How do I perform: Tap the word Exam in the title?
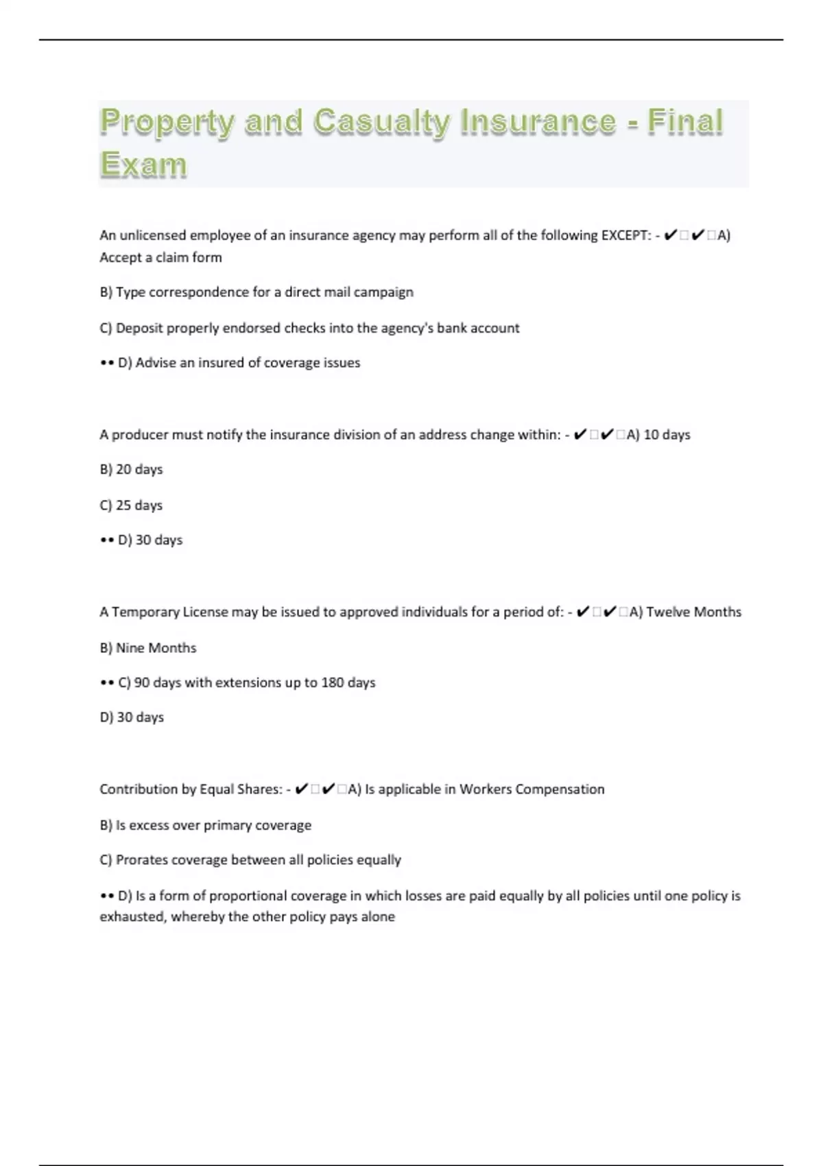coord(143,165)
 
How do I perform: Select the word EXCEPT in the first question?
coord(625,235)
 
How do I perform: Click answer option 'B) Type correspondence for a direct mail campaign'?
coord(257,292)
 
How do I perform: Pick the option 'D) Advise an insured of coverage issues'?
coord(239,363)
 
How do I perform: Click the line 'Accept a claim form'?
coord(160,258)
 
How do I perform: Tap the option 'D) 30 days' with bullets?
coord(150,540)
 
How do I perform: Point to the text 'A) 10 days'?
coord(658,435)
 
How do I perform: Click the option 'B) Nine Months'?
coord(148,648)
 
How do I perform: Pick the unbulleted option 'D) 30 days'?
coord(132,717)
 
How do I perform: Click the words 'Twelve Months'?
coord(693,612)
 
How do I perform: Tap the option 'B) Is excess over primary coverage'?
coord(206,825)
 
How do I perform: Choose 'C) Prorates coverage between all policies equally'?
coord(250,860)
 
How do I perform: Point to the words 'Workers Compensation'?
coord(532,789)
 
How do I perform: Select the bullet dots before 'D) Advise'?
coord(106,364)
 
